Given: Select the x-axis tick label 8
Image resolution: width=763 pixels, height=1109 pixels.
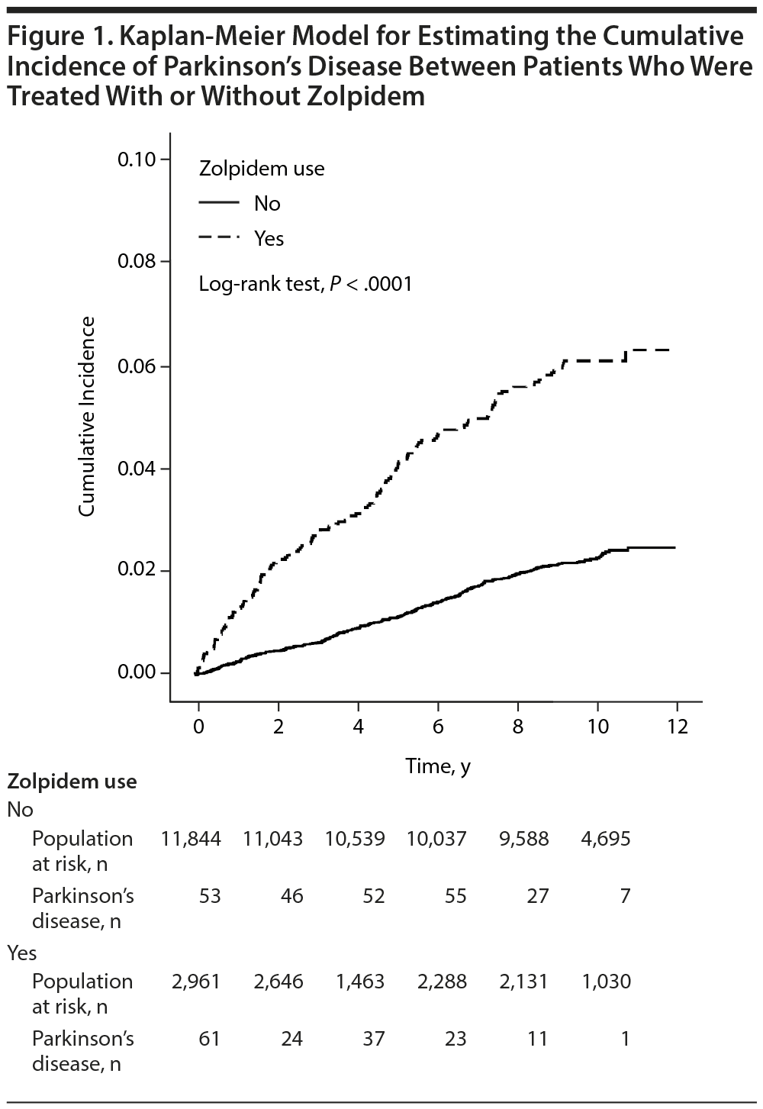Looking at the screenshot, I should pos(518,726).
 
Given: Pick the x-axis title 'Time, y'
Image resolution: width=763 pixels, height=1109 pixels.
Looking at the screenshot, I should pos(438,766).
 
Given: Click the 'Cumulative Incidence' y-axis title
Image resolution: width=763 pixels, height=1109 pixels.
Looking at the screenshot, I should pos(88,416).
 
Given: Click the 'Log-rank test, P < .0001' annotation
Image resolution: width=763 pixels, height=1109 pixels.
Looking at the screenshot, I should pos(305,285).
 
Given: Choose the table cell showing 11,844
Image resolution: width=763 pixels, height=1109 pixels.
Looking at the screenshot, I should pos(191,839).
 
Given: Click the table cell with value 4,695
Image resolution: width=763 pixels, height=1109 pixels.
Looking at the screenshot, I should pos(606,839).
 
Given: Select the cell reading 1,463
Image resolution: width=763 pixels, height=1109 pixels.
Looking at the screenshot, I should pos(360,982).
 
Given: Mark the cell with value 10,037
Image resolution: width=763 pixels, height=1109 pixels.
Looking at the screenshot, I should pos(437,839).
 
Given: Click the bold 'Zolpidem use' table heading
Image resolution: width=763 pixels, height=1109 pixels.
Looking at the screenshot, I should pos(72,782).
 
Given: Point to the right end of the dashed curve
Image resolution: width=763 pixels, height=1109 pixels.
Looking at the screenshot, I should pos(669,350).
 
